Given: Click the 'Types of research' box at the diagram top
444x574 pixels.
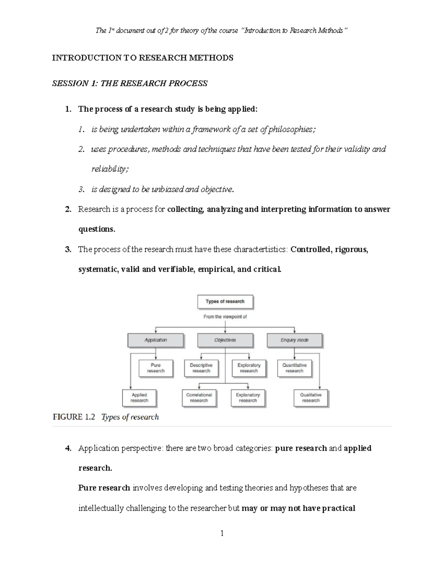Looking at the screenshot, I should tap(225, 302).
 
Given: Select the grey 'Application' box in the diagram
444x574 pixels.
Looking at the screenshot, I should tap(155, 340).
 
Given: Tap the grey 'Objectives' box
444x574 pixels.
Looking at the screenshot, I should tap(225, 340).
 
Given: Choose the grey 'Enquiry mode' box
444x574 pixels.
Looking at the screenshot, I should tap(294, 340).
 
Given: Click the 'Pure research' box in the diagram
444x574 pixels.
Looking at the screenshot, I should tap(156, 368).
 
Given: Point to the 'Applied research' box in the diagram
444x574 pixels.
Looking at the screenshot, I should tap(139, 398).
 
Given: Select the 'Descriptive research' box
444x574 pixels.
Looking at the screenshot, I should tap(201, 368).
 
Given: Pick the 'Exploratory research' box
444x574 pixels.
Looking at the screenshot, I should tap(249, 368).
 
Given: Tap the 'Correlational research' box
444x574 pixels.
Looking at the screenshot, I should tap(199, 398).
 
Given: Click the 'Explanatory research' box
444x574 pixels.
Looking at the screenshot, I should tap(248, 398).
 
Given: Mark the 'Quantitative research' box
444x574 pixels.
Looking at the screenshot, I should tap(294, 368).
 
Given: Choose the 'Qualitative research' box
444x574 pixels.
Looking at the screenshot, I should tap(311, 398).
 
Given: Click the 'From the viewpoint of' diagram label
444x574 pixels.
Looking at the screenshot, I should tap(225, 317).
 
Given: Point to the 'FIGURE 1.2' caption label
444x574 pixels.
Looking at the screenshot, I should tap(74, 417).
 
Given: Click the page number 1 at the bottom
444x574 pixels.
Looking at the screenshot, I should tap(222, 533).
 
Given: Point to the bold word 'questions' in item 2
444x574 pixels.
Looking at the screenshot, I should tap(96, 229).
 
